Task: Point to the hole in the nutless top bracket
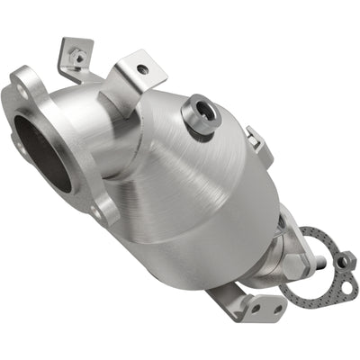pos(141,67)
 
